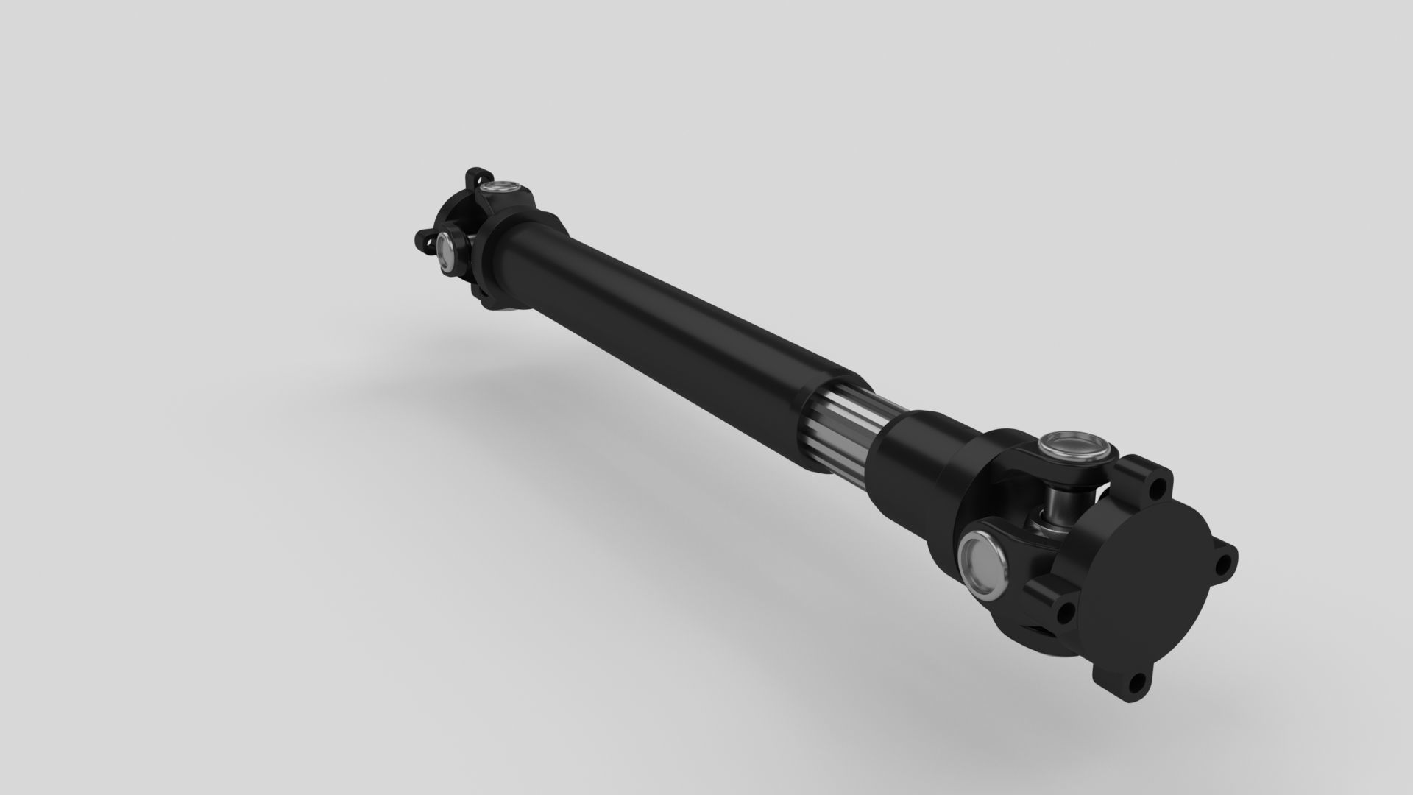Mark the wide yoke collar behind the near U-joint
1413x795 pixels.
click(x=979, y=478)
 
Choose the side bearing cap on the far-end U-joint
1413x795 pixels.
click(x=446, y=252)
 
